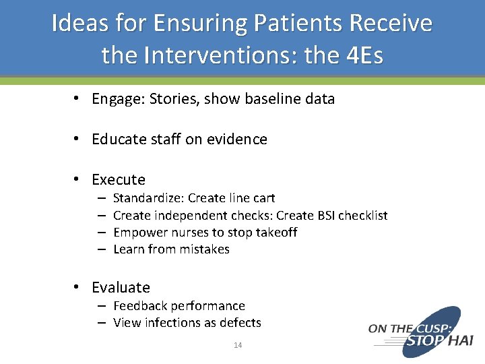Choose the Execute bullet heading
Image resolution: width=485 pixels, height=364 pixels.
point(119,180)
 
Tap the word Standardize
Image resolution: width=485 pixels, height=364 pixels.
point(148,198)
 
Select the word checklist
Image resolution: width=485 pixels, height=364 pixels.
point(363,216)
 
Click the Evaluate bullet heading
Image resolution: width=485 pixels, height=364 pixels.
point(121,288)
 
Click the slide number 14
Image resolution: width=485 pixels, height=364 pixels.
point(238,345)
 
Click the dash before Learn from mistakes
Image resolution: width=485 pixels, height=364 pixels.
point(100,249)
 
